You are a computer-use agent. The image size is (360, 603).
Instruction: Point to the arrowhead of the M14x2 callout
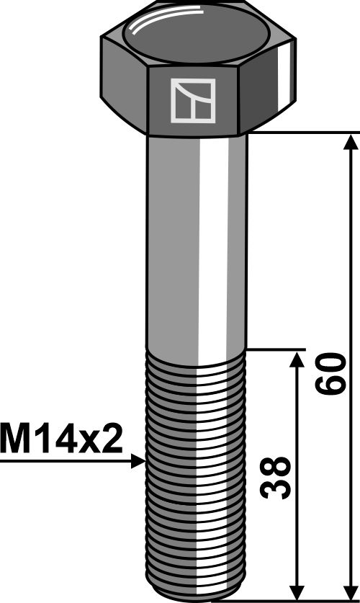pos(139,462)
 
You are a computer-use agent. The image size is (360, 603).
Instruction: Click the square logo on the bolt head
pos(192,100)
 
